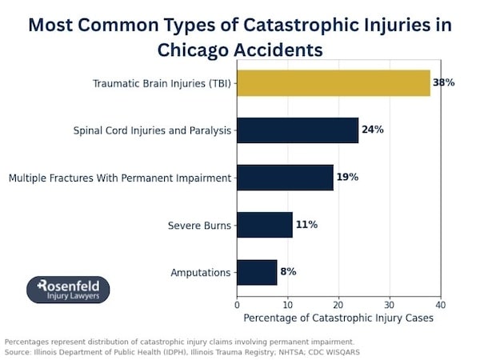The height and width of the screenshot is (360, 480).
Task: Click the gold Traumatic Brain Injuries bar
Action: tap(334, 83)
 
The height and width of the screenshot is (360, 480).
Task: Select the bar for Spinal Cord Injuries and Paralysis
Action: tap(298, 130)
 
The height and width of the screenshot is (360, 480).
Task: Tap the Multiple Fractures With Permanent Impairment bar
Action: tap(285, 178)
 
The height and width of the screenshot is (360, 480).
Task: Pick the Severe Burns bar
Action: tap(265, 225)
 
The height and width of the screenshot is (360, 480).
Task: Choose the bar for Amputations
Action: tap(257, 272)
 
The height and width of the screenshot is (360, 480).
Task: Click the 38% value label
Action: tap(443, 83)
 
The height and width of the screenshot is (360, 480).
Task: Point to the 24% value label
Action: tap(373, 130)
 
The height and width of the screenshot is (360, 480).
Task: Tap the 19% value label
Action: tap(347, 178)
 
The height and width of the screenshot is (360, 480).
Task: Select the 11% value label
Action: tap(306, 225)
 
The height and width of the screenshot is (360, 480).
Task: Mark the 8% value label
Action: tap(288, 272)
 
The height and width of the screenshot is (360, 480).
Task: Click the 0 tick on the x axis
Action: tap(237, 304)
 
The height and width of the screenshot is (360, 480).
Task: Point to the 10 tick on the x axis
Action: tap(288, 304)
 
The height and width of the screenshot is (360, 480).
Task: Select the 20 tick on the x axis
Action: tap(338, 304)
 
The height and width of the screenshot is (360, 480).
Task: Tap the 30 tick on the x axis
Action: tap(390, 304)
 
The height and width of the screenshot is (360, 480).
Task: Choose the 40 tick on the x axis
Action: tap(440, 304)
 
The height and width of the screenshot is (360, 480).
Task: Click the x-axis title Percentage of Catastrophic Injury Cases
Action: tap(338, 318)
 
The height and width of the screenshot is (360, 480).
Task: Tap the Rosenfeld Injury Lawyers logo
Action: tap(68, 290)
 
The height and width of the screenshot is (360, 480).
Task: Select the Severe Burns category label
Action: tap(199, 226)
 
